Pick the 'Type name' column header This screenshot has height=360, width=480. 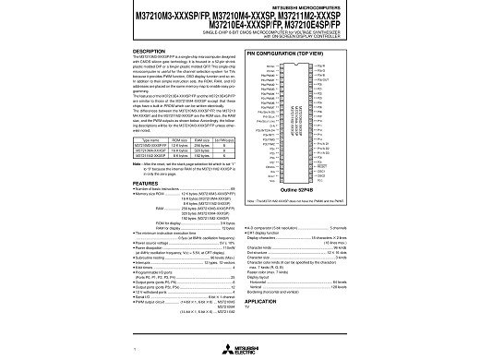click(153, 138)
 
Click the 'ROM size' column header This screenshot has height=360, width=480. click(182, 138)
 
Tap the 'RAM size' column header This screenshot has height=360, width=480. click(207, 138)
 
